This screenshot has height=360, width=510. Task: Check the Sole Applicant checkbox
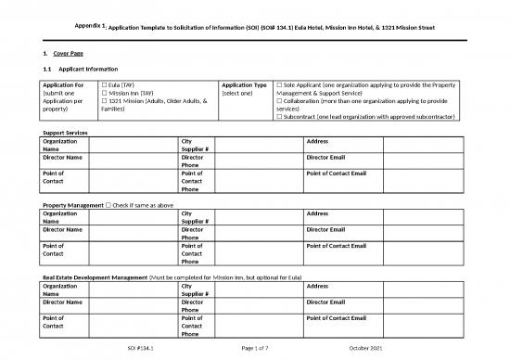coord(279,84)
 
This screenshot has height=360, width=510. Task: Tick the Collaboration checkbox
coord(279,102)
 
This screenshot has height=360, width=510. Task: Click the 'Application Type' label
coord(245,84)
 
